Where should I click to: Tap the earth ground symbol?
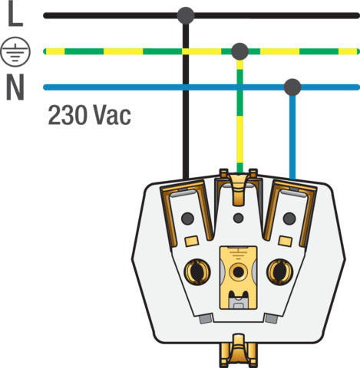[15, 51]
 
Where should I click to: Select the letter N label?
[15, 87]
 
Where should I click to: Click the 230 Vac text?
[89, 115]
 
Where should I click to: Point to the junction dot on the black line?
[186, 15]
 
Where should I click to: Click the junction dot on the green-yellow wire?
[239, 51]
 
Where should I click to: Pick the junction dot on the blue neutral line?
[292, 87]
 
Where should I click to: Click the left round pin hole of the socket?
[197, 271]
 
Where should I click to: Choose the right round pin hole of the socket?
[279, 271]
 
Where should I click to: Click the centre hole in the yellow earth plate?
[239, 272]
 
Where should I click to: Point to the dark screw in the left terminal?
[187, 219]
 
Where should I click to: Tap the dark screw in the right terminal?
[289, 219]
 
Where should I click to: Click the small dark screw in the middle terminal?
[239, 218]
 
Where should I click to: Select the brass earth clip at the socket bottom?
[239, 350]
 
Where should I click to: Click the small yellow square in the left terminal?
[192, 241]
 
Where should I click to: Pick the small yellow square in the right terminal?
[286, 241]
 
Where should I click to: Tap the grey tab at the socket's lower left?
[206, 319]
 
